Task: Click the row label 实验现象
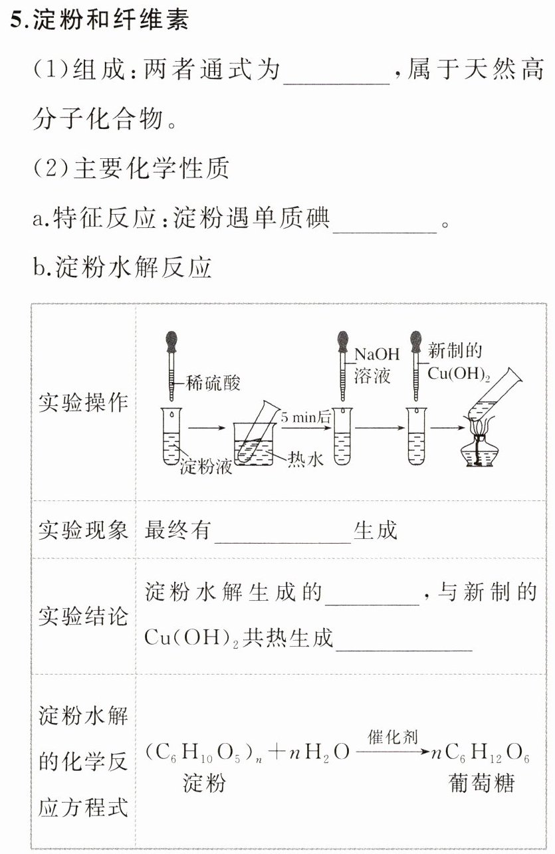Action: point(83,530)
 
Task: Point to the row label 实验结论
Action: point(83,616)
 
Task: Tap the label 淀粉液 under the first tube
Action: point(206,467)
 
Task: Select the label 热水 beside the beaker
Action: point(306,459)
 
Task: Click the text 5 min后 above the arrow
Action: point(305,418)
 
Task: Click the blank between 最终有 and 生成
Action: point(282,531)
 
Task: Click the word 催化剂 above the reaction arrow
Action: point(392,737)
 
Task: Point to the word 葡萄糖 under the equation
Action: point(481,784)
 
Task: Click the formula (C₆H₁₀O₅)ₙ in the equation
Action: point(200,754)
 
